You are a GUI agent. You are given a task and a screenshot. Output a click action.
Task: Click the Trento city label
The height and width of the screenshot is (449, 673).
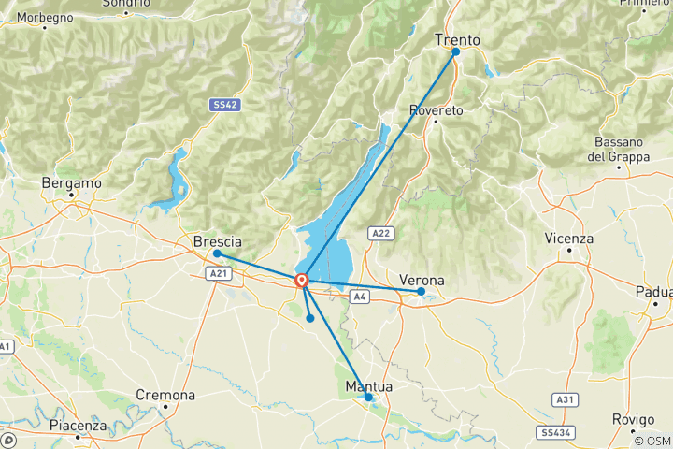click(x=457, y=40)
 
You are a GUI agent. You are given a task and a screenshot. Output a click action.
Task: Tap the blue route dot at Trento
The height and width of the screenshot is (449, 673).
click(x=456, y=52)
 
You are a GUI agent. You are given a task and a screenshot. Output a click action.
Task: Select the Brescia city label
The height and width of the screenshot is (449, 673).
click(x=217, y=241)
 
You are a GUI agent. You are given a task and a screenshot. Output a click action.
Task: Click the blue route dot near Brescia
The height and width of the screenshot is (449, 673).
click(x=217, y=253)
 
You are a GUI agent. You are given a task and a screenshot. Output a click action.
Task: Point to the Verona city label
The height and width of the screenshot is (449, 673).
click(x=422, y=280)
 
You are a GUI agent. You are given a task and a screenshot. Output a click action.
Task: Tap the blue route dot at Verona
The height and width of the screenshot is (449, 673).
click(x=422, y=292)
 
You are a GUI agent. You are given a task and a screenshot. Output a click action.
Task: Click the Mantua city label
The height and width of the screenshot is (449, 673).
click(x=368, y=386)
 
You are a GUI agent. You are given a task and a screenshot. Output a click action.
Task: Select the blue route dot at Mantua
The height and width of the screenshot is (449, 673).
click(x=368, y=398)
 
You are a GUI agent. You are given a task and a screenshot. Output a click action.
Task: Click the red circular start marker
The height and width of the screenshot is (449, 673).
click(x=302, y=280)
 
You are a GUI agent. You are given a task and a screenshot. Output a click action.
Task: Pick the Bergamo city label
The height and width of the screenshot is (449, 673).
click(x=71, y=183)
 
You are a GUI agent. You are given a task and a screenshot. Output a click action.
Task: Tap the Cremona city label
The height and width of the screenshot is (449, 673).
click(x=165, y=396)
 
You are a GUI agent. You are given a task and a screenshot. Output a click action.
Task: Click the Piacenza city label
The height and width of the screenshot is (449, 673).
click(x=79, y=426)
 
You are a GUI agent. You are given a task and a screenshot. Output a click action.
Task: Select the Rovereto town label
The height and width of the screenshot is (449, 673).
click(x=437, y=110)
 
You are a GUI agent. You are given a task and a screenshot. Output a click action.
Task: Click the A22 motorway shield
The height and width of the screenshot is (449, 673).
click(x=379, y=233)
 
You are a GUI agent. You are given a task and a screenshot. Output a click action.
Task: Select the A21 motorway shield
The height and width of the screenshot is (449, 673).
click(x=216, y=274)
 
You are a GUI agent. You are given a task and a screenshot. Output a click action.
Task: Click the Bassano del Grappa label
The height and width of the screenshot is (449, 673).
click(x=619, y=150)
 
